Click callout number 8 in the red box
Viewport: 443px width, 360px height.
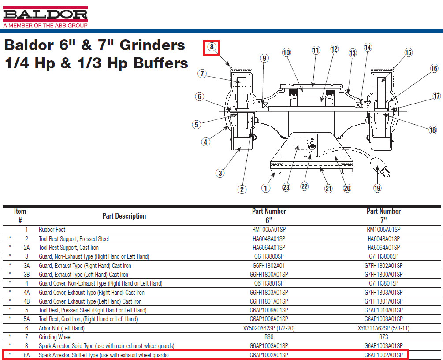212,47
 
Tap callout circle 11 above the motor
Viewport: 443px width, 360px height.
316,50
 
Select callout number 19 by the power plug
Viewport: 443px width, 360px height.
377,188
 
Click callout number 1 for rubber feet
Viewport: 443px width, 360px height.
265,188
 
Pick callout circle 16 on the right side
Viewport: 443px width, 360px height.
434,68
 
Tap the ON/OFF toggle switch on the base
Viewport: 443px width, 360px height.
312,145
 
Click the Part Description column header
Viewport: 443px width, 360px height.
124,216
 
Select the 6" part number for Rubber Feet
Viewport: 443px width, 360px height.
268,230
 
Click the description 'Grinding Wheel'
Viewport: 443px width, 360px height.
55,337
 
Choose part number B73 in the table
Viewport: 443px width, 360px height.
383,337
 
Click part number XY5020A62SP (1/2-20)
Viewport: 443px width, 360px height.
268,328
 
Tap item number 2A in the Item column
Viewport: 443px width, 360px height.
26,248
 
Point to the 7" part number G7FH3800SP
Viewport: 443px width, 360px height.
383,256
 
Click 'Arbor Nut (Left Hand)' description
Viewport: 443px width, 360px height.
61,328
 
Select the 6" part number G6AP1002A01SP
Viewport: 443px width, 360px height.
268,355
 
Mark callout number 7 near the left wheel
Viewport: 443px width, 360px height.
202,74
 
